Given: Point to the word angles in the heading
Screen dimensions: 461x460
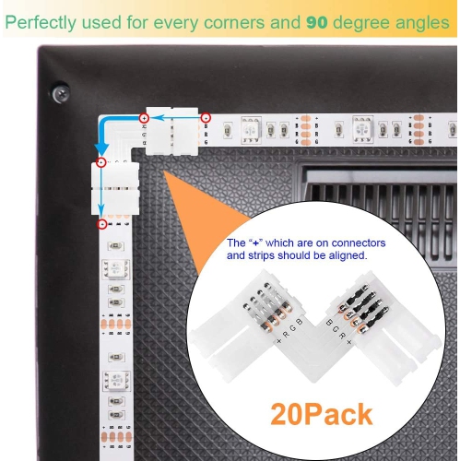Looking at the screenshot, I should click(x=423, y=20).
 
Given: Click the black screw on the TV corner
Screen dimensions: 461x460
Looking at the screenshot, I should click(x=61, y=92).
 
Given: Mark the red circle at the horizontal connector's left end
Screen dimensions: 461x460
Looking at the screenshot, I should click(x=144, y=118).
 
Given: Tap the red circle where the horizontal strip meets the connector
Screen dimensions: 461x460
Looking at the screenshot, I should click(x=206, y=118).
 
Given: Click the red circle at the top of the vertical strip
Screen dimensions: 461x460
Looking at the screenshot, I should click(x=101, y=223).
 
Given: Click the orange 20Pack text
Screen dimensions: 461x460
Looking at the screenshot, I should click(x=323, y=413).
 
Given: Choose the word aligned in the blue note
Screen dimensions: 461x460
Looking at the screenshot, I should click(x=344, y=255).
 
